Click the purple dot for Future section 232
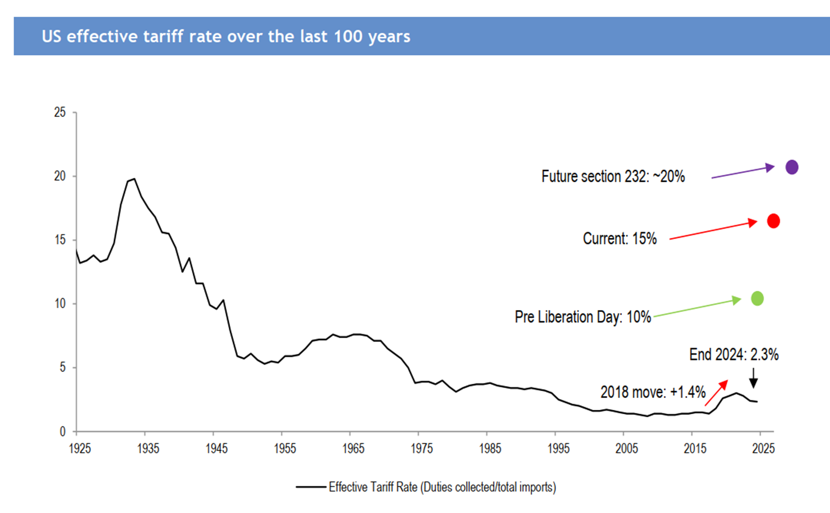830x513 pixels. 792,167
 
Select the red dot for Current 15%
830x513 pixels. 773,221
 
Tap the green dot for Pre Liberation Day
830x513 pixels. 757,298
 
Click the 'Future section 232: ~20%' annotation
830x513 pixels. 613,176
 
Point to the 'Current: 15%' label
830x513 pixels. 620,239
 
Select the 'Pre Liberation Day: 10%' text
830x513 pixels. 583,317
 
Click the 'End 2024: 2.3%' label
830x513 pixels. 734,355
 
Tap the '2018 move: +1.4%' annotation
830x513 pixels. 652,392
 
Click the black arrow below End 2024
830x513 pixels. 753,379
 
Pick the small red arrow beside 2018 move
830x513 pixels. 716,393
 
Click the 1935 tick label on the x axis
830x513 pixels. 148,449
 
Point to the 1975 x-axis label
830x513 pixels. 422,449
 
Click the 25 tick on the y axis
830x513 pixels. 59,113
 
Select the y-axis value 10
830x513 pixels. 59,304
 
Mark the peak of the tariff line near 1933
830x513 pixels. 134,179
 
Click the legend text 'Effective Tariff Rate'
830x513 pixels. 442,487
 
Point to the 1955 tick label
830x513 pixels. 285,449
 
